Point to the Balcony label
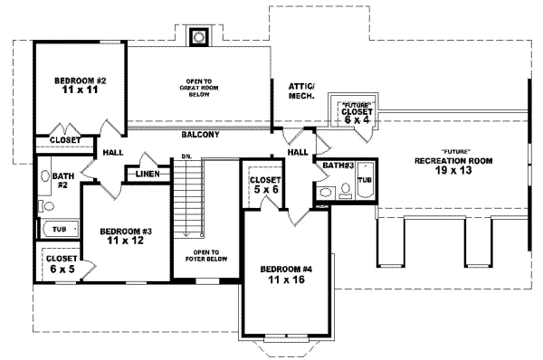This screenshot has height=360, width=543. click(x=199, y=135)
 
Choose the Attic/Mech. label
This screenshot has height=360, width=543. click(x=302, y=90)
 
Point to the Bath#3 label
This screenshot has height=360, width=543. click(x=338, y=166)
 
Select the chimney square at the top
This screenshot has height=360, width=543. click(x=197, y=37)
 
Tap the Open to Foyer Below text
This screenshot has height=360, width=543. click(x=207, y=258)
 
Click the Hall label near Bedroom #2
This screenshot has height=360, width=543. click(x=112, y=153)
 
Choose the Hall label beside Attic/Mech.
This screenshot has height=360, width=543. click(x=298, y=153)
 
